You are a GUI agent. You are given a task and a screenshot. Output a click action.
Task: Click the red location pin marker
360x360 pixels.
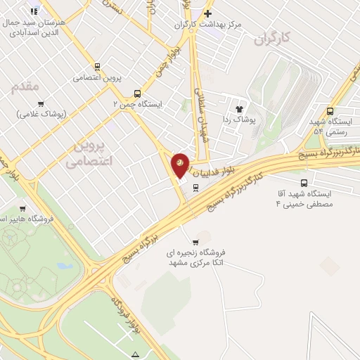(180, 164)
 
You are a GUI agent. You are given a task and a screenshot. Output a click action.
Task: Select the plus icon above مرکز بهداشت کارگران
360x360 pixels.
(207, 13)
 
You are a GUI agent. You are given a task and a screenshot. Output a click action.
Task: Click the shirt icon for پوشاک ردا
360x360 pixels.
(240, 109)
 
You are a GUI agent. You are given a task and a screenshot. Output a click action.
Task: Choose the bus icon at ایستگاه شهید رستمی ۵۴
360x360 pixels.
(330, 110)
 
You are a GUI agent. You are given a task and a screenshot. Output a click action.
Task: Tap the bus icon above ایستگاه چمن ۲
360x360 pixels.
(137, 93)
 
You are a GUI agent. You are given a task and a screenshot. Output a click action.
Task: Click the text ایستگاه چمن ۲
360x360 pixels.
(138, 104)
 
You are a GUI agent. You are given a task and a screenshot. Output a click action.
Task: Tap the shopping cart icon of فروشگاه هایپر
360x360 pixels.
(22, 208)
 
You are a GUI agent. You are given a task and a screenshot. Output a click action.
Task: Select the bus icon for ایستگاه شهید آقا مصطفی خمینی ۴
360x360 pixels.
(303, 183)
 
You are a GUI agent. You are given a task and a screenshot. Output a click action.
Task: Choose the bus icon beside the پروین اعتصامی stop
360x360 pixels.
(96, 68)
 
